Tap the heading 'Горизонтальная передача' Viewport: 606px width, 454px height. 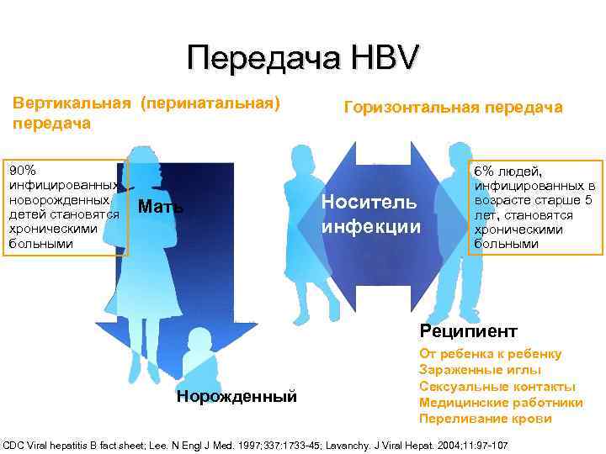453,107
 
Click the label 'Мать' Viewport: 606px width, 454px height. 161,207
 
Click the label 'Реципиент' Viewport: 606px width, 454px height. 468,330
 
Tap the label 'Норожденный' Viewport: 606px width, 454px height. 237,396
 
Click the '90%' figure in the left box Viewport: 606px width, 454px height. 21,170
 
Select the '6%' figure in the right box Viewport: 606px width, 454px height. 486,171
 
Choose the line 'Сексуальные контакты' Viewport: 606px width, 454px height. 497,386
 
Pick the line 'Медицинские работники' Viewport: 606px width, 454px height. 500,402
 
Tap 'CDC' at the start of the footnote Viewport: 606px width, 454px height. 15,443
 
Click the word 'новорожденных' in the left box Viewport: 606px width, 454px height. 58,200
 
